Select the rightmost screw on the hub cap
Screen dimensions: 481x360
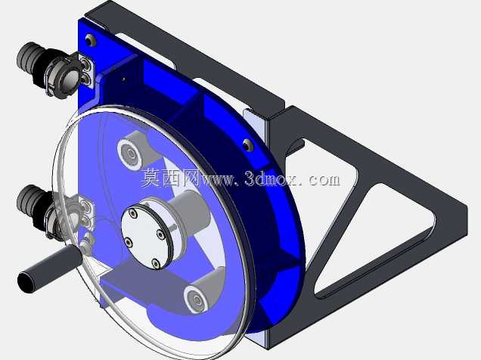[160, 234]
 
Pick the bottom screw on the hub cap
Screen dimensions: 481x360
[156, 262]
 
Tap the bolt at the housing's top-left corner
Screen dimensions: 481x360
[89, 40]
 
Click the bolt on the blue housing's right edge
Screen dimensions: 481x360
[247, 145]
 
